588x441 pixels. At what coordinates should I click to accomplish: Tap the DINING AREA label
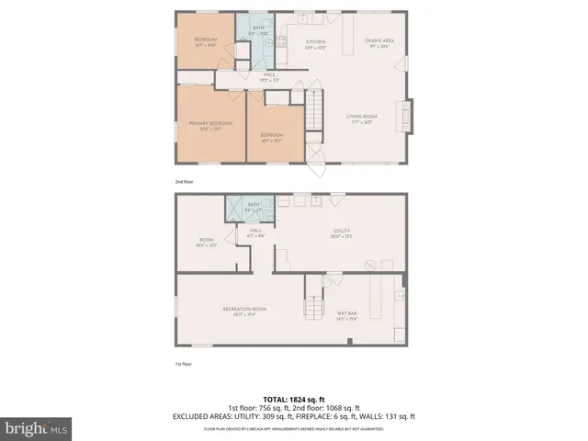379,40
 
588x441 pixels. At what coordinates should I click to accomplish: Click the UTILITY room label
343,234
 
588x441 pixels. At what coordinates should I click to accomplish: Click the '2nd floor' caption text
185,182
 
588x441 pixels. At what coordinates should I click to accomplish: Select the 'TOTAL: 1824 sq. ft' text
294,398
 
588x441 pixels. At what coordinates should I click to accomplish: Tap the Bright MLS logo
37,428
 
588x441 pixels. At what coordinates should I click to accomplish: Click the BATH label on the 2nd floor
259,28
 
